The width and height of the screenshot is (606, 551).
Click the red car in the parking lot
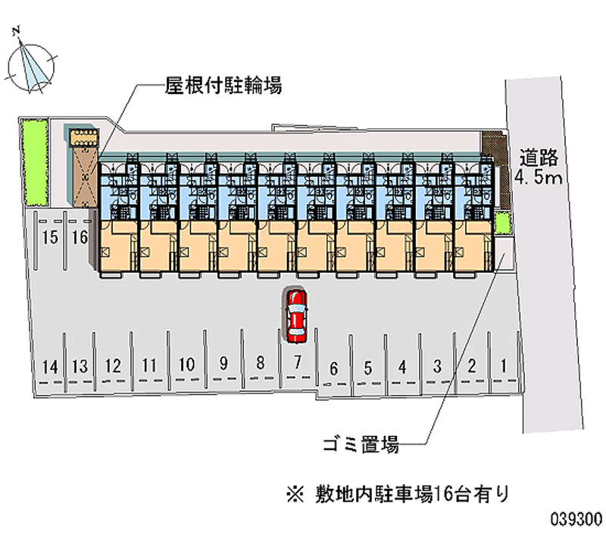[x=295, y=315]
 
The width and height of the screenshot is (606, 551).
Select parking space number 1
[x=504, y=366]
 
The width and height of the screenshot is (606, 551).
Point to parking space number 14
[x=50, y=367]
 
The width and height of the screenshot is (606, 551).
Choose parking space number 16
[x=80, y=237]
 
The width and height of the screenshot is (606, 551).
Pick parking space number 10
[x=186, y=364]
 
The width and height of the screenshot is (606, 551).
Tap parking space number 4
[x=403, y=368]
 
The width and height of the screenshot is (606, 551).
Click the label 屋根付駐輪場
[x=223, y=86]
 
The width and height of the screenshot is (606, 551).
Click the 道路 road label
[x=539, y=158]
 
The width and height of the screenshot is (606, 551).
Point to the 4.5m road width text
[x=539, y=179]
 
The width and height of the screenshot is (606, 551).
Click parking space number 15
[x=50, y=237]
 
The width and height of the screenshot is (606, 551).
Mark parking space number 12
[x=113, y=366]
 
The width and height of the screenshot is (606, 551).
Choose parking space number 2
[x=471, y=367]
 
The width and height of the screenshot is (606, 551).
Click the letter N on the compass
[x=17, y=31]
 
